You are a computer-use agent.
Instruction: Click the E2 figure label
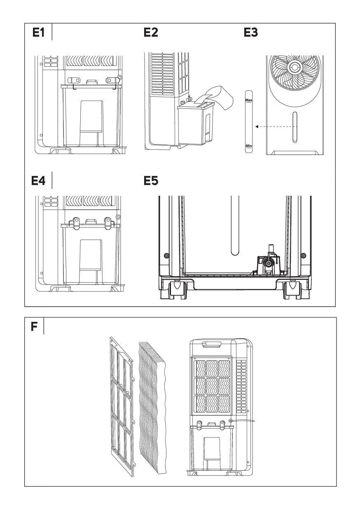(x=151, y=32)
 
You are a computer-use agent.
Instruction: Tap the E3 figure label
(x=251, y=32)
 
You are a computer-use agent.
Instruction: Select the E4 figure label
(x=39, y=180)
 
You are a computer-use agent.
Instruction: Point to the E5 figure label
(x=151, y=180)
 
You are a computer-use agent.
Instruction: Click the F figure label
(x=34, y=327)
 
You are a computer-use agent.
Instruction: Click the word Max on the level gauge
(x=249, y=100)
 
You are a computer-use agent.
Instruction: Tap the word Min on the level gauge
(x=249, y=146)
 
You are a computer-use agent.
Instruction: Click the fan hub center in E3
(x=295, y=67)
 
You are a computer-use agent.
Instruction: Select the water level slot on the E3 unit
(x=295, y=127)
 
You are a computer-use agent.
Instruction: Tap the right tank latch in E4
(x=108, y=223)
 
